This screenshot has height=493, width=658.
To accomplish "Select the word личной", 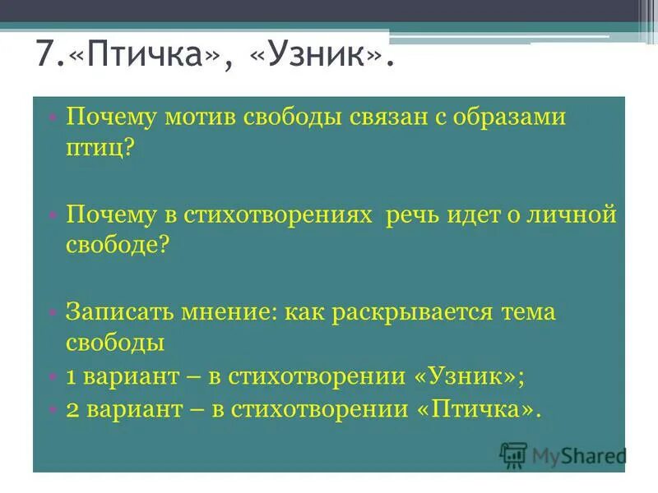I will (x=576, y=215).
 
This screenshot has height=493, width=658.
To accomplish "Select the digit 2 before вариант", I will (x=72, y=408).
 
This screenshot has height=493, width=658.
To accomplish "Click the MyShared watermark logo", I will (x=563, y=455).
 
